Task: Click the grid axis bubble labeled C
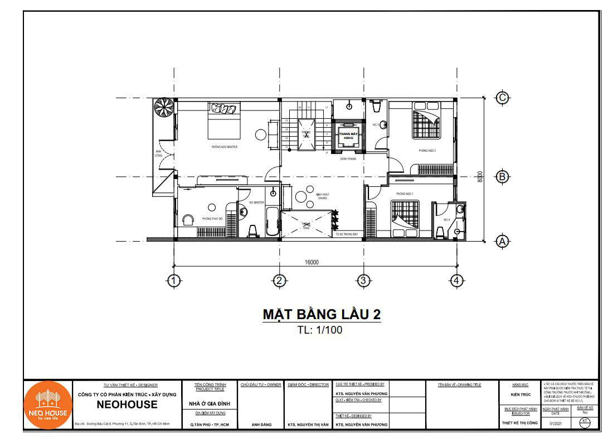(x=502, y=98)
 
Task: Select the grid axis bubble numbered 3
(x=363, y=281)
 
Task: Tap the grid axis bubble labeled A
(x=502, y=241)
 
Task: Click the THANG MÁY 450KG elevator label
(x=349, y=136)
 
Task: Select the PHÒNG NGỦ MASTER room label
(x=225, y=147)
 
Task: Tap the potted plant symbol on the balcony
(x=164, y=107)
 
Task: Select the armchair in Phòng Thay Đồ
(x=188, y=219)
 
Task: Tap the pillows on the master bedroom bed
(x=225, y=108)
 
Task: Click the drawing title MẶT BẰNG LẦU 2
(x=322, y=314)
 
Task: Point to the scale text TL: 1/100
(x=320, y=330)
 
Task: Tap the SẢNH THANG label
(x=348, y=159)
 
